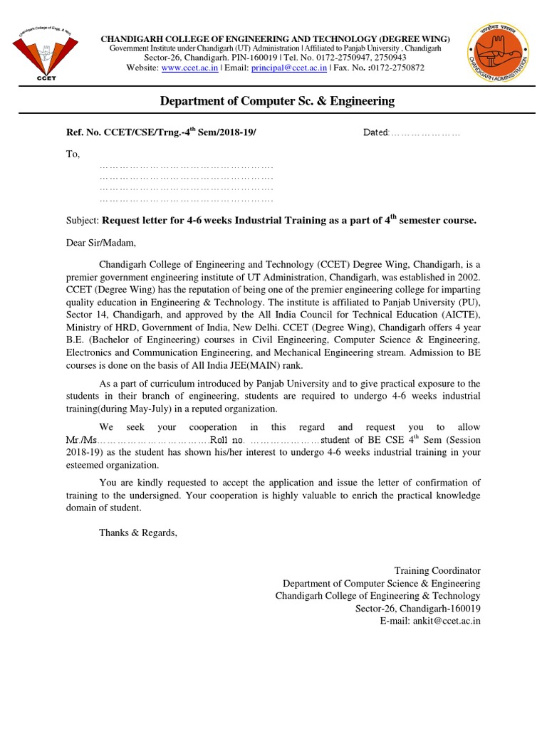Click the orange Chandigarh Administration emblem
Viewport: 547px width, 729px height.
click(x=498, y=53)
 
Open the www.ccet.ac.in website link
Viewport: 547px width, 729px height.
click(x=190, y=68)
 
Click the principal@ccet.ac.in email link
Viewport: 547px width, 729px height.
click(x=293, y=68)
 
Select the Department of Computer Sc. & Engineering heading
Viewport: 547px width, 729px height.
click(x=277, y=101)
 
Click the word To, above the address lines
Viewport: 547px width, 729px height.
click(x=73, y=154)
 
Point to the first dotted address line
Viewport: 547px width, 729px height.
click(x=187, y=166)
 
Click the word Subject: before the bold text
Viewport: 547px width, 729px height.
click(x=84, y=221)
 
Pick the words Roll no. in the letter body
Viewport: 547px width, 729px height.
click(x=227, y=441)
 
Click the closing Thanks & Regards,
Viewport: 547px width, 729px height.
click(x=137, y=533)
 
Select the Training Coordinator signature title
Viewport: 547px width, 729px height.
click(x=437, y=570)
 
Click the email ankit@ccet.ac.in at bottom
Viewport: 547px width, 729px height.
click(x=431, y=621)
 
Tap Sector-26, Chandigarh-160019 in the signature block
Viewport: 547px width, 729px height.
click(x=418, y=609)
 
